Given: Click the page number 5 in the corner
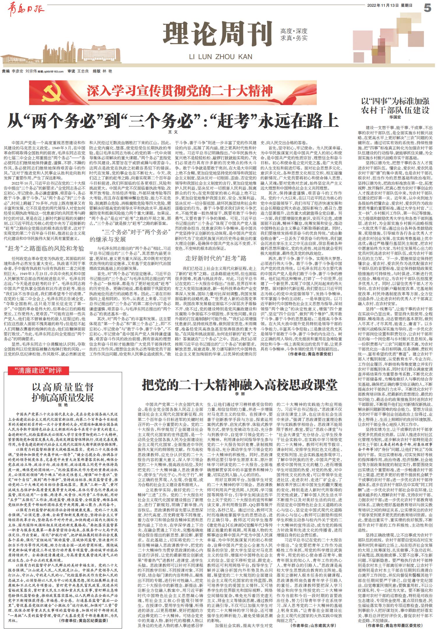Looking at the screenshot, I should [427, 8].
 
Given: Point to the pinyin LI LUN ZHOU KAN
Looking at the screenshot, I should [221, 56].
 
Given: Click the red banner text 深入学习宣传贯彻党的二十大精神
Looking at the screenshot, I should [180, 91].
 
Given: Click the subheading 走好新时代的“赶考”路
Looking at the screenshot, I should [216, 258].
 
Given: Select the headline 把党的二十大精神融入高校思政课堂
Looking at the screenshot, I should [239, 385].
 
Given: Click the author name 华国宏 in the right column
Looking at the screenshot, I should [395, 117].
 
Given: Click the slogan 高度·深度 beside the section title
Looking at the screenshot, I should [294, 31].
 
